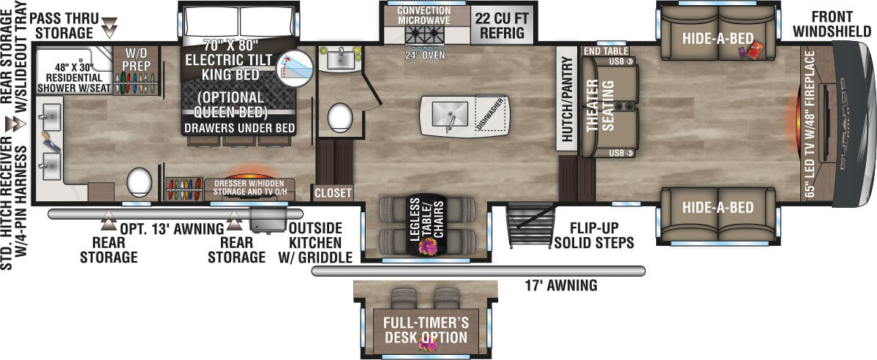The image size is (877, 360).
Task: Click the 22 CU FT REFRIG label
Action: (500, 24)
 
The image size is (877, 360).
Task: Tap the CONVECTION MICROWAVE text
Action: (424, 16)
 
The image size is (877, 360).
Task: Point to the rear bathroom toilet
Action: (139, 180)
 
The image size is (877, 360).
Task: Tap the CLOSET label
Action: (333, 193)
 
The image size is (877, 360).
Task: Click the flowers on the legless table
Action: (425, 249)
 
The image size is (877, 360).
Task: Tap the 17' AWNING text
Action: (561, 285)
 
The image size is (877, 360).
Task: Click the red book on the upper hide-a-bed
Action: (755, 51)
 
